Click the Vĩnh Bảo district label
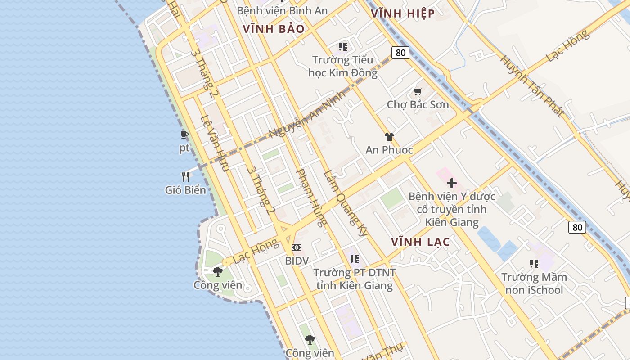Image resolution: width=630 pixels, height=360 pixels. pyautogui.click(x=274, y=29)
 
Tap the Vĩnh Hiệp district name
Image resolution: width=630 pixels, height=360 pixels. pyautogui.click(x=403, y=13)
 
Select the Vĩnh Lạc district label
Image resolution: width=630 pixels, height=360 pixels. pyautogui.click(x=420, y=242)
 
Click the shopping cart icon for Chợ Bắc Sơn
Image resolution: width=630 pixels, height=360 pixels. pyautogui.click(x=418, y=92)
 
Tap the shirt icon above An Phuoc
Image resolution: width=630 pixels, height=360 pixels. pyautogui.click(x=389, y=137)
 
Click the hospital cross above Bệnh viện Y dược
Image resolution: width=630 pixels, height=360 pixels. pyautogui.click(x=452, y=183)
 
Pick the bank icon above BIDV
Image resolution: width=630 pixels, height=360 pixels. pyautogui.click(x=297, y=247)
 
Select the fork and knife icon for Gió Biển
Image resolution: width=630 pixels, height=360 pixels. pyautogui.click(x=185, y=177)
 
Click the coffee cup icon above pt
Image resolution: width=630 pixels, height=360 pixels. pyautogui.click(x=184, y=135)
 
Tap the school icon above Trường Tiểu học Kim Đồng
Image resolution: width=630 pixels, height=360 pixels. pyautogui.click(x=343, y=47)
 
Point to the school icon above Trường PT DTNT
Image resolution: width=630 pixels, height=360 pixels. pyautogui.click(x=355, y=259)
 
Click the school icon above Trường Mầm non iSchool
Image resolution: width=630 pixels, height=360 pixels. pyautogui.click(x=534, y=264)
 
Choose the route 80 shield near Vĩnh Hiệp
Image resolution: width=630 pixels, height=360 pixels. pyautogui.click(x=400, y=53)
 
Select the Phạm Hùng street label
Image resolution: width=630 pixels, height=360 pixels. pyautogui.click(x=311, y=198)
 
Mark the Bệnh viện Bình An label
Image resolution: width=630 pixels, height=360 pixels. pyautogui.click(x=282, y=10)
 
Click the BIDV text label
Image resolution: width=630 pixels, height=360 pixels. pyautogui.click(x=297, y=261)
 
